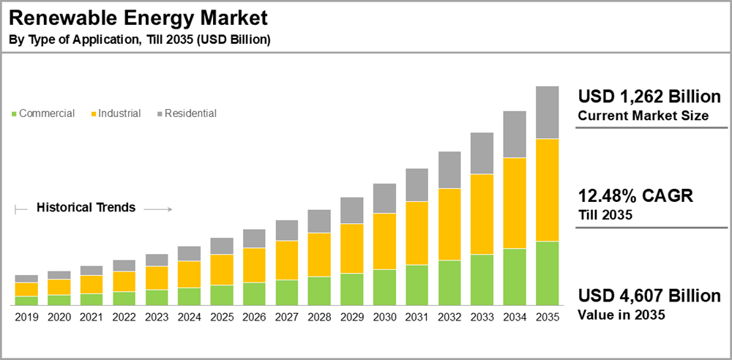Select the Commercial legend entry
click(x=46, y=113)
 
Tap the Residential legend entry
click(x=190, y=113)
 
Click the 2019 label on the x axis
click(x=26, y=317)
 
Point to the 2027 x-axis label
click(x=287, y=317)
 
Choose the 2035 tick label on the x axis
click(x=548, y=317)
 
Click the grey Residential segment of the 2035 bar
click(x=548, y=113)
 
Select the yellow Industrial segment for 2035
click(x=548, y=190)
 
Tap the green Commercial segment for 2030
click(x=384, y=287)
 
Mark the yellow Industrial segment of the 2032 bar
click(x=449, y=224)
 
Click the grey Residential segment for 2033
click(x=482, y=153)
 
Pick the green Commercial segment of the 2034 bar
click(x=515, y=277)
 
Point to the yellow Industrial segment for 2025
click(x=222, y=269)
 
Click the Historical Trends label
click(x=86, y=207)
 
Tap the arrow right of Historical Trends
click(x=157, y=209)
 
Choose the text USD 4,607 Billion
click(x=649, y=296)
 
